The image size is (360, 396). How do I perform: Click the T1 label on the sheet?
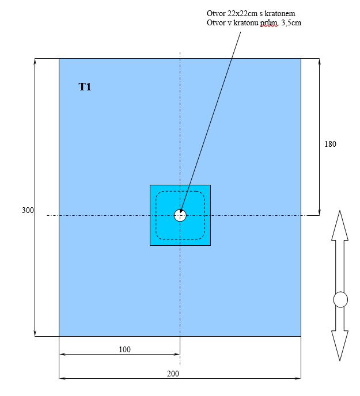(85, 87)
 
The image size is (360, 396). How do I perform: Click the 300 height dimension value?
(28, 211)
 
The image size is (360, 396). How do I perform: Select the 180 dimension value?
(330, 144)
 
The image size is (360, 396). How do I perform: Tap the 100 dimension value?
(124, 349)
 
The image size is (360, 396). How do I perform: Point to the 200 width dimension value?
(173, 374)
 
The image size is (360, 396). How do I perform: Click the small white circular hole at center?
(180, 215)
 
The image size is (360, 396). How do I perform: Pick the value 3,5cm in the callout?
(289, 23)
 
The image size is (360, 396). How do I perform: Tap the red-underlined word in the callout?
(268, 23)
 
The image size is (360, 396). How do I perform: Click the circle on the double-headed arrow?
(340, 300)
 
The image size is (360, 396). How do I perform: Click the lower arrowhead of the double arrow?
(340, 347)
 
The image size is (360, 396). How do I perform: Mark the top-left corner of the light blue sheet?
(59, 58)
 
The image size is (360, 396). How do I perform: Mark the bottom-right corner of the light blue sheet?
(301, 336)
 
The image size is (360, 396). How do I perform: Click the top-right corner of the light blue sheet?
(301, 58)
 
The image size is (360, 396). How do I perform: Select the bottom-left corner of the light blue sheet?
(59, 336)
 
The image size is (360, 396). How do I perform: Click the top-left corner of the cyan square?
(150, 185)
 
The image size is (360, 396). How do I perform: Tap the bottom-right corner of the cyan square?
(210, 245)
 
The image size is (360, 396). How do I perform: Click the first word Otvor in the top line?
(216, 13)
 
